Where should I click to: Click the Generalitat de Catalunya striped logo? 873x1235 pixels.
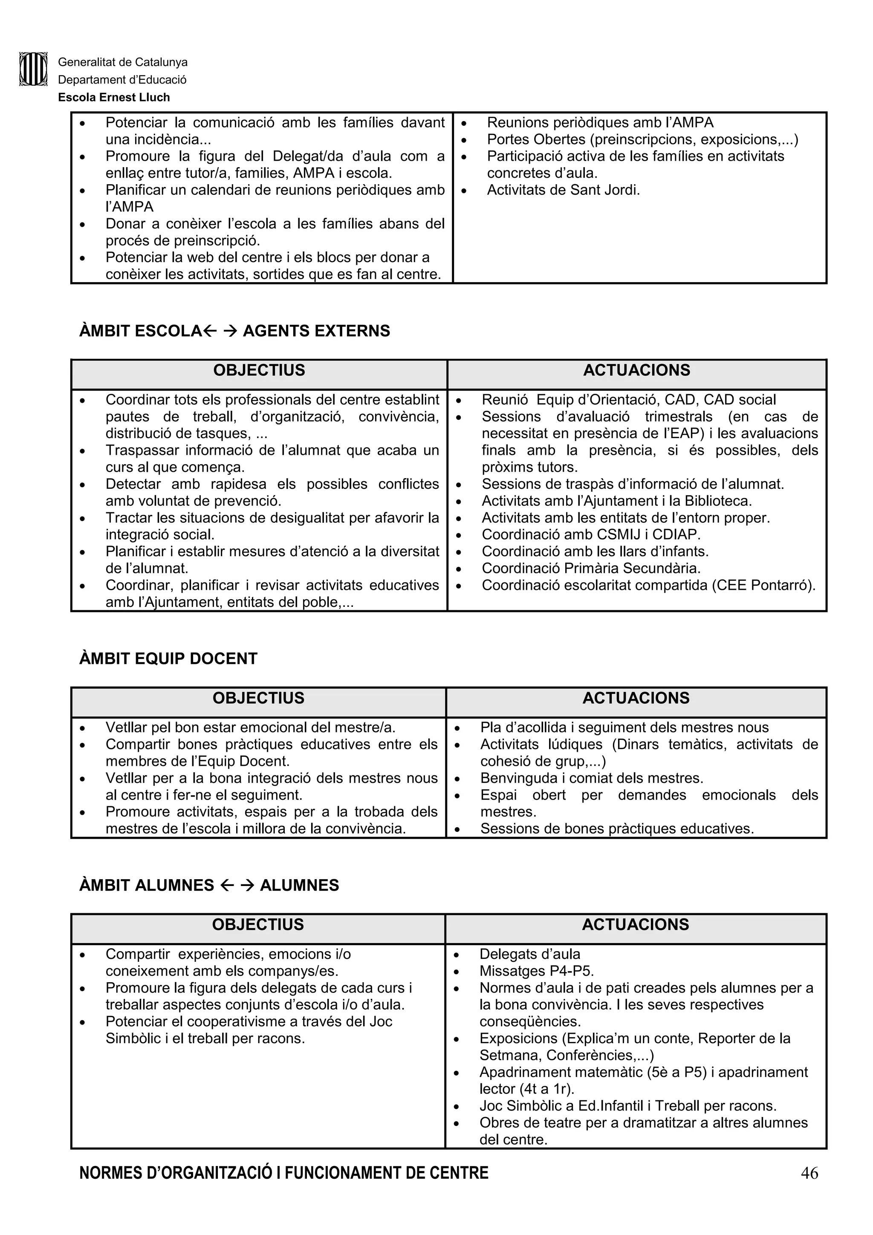pos(33,69)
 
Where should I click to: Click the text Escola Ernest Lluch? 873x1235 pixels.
pos(114,97)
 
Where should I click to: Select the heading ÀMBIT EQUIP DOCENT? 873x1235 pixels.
pos(168,658)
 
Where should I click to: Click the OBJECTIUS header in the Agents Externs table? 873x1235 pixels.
pos(259,371)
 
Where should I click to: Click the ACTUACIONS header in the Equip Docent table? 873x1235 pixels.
pos(636,698)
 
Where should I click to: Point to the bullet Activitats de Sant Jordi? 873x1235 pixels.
pos(563,190)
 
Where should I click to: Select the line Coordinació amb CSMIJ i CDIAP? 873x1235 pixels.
pos(591,535)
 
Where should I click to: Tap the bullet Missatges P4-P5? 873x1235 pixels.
pos(536,971)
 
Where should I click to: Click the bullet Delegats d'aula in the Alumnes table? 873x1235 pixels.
pos(529,954)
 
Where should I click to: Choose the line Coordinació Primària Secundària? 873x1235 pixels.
pos(591,568)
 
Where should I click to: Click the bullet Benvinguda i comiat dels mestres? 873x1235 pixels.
pos(592,778)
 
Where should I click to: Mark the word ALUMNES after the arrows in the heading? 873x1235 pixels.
pos(299,886)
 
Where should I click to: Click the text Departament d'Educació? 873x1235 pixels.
pos(122,80)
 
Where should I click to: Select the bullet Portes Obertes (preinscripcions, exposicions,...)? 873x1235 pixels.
pos(642,139)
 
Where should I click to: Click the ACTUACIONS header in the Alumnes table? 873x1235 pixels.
pos(635,925)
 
